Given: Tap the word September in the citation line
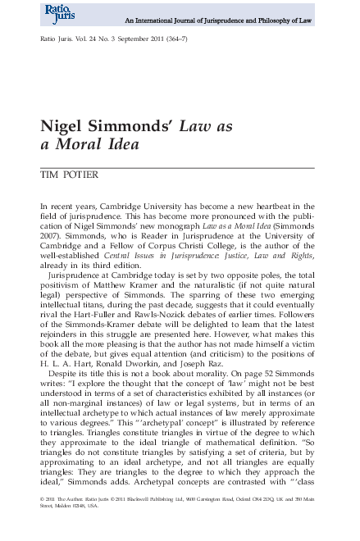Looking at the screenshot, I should (x=137, y=39).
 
